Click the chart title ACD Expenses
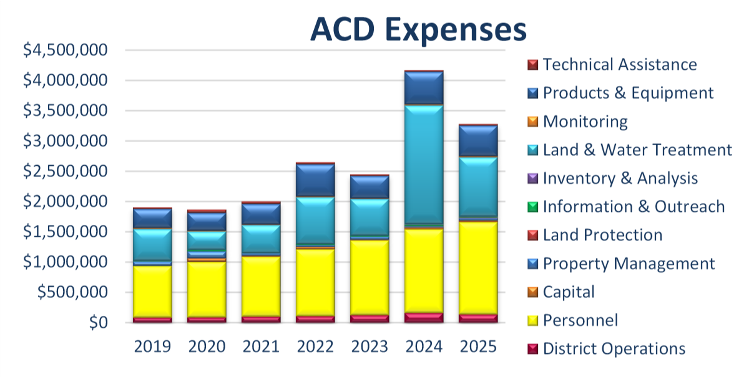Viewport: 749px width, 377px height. coord(419,30)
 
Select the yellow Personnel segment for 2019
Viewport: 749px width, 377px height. coord(152,292)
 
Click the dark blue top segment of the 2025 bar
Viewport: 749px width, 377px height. coord(478,141)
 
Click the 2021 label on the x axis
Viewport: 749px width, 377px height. coord(261,346)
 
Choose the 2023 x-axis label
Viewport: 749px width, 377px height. coord(370,346)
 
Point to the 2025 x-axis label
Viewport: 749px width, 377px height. coord(478,346)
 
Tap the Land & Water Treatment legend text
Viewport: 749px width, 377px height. coord(637,150)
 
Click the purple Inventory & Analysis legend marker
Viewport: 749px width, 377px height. coord(532,179)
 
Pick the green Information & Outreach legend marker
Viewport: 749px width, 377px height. coord(532,207)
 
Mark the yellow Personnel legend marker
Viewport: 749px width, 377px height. coord(532,321)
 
